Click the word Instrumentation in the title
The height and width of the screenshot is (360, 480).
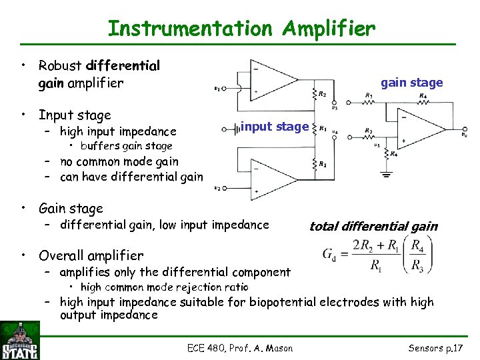(x=191, y=29)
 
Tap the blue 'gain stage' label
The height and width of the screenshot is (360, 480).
(x=411, y=83)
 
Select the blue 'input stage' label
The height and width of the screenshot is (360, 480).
(x=274, y=127)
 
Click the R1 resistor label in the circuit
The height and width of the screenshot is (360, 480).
(x=323, y=129)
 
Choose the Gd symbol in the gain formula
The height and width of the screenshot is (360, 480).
(x=331, y=255)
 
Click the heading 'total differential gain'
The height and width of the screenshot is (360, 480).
(x=373, y=226)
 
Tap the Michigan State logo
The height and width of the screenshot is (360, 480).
(x=20, y=340)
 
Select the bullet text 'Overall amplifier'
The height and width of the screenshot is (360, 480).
(x=91, y=255)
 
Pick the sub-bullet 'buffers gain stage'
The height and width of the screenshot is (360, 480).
(x=126, y=146)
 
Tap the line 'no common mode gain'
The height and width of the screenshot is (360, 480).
(x=119, y=161)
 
